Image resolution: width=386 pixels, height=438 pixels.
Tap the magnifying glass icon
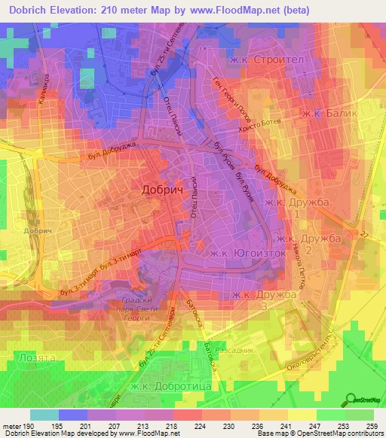coord(351,398)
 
